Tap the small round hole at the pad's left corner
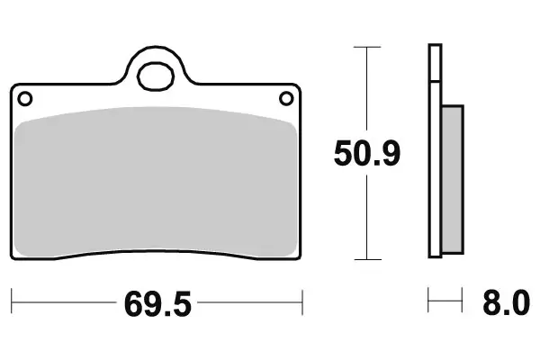point(25,98)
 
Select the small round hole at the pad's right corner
point(287,98)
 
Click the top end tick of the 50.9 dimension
point(366,45)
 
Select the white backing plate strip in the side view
point(436,180)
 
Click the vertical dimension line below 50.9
point(366,216)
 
